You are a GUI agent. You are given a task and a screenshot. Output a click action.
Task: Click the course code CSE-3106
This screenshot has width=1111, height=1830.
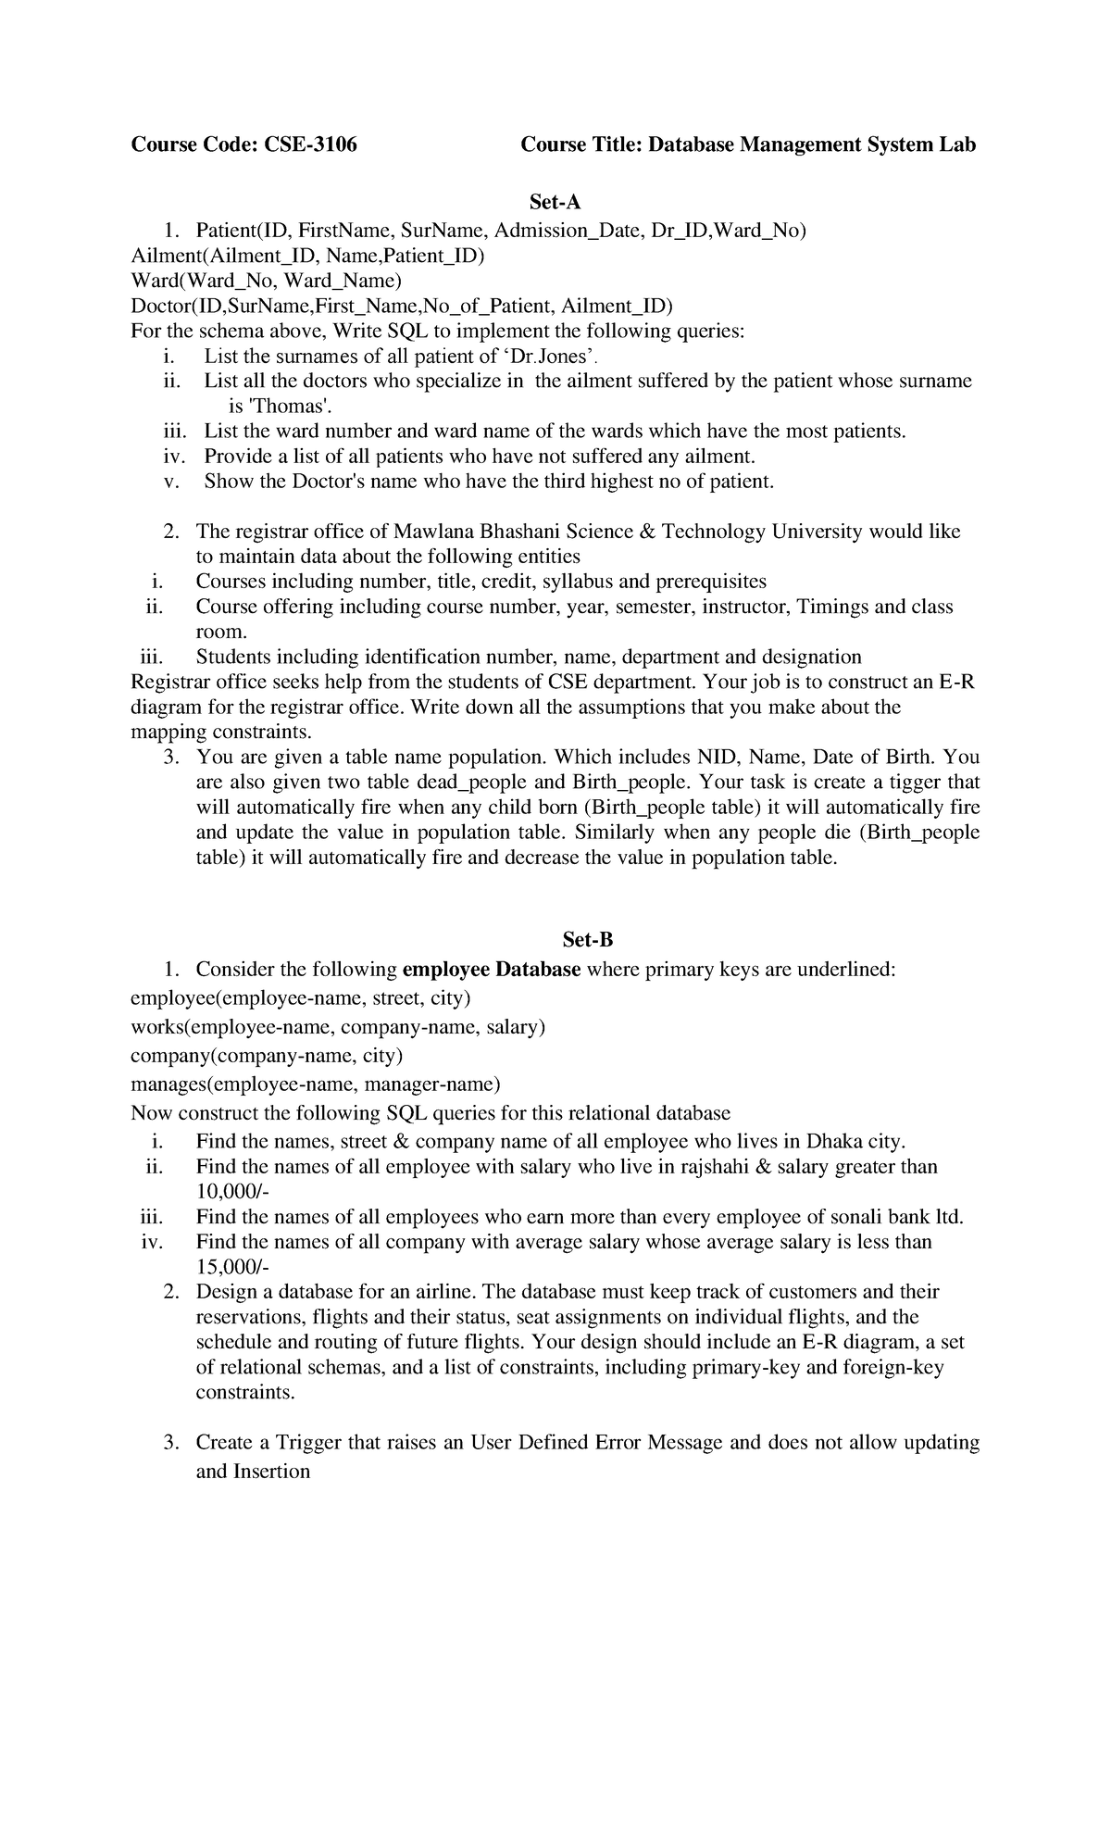[310, 144]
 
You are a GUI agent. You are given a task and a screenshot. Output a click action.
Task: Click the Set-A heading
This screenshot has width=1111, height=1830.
[555, 202]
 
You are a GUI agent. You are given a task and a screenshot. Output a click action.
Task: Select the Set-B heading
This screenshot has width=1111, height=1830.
[588, 940]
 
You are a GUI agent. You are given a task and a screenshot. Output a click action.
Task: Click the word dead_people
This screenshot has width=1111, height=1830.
[482, 783]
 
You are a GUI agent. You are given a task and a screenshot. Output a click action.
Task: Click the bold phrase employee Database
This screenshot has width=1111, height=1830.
[493, 970]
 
